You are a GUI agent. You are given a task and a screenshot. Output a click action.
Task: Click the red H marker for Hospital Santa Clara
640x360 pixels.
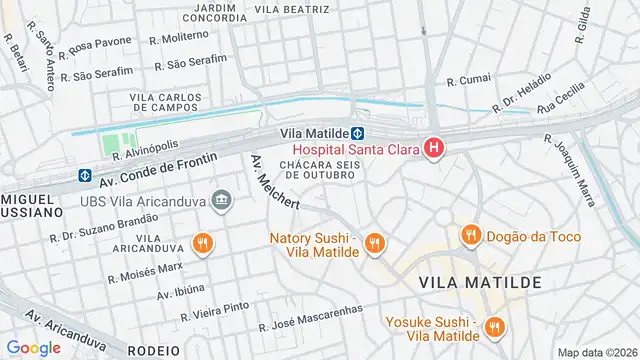pyautogui.click(x=434, y=150)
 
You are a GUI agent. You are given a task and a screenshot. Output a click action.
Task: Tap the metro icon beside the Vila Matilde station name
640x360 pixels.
pyautogui.click(x=357, y=133)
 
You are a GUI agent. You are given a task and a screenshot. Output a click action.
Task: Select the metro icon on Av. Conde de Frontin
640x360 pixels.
pyautogui.click(x=85, y=176)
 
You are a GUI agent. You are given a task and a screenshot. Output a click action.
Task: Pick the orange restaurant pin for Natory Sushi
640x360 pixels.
pyautogui.click(x=374, y=242)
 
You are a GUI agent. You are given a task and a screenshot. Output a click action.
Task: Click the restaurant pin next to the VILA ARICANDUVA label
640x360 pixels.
pyautogui.click(x=203, y=243)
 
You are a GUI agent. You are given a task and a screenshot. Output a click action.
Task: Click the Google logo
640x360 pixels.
pyautogui.click(x=33, y=347)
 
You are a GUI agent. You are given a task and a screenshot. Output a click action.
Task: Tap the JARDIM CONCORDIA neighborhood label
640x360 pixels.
pyautogui.click(x=209, y=13)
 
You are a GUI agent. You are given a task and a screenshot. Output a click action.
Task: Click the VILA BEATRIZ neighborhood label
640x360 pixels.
pyautogui.click(x=292, y=9)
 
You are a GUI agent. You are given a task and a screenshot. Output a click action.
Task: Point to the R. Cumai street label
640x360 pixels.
pyautogui.click(x=467, y=80)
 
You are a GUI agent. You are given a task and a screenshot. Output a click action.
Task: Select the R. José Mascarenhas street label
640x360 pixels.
pyautogui.click(x=311, y=326)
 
